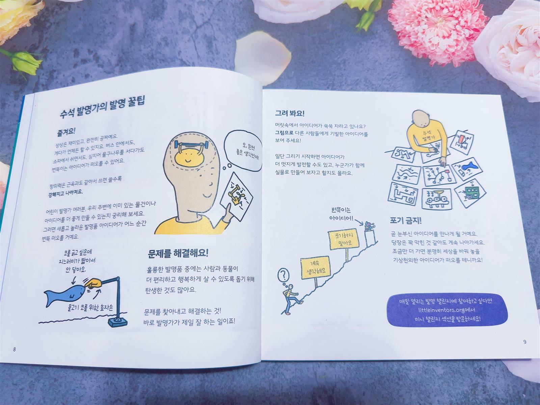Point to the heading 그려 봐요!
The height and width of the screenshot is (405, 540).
click(290, 114)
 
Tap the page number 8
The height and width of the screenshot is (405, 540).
click(15, 349)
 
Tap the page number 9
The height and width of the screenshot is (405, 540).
click(525, 342)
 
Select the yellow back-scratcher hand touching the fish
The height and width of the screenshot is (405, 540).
click(93, 283)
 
